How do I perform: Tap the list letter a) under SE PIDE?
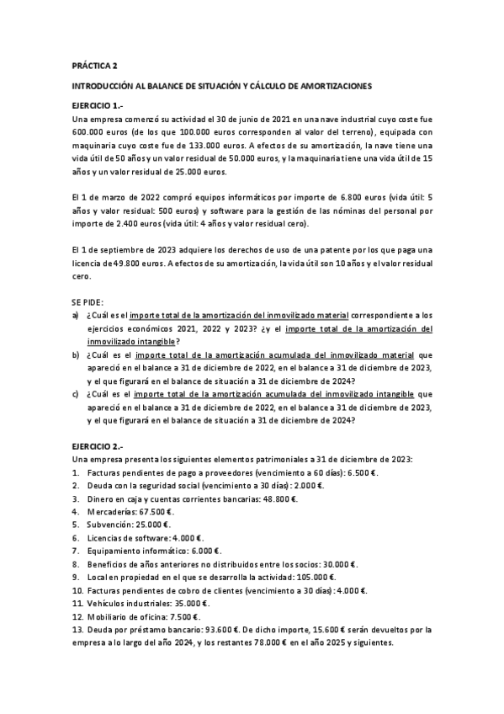tap(77, 316)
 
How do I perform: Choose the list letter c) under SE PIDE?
tap(77, 393)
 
